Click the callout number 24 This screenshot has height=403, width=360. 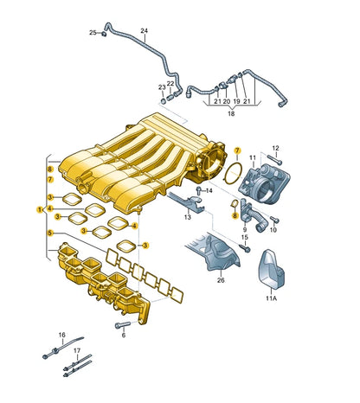tap(144, 30)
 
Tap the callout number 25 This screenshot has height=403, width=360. tap(93, 33)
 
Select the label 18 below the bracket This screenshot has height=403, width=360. tap(231, 113)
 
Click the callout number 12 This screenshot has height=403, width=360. tap(276, 148)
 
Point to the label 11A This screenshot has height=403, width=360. tap(271, 298)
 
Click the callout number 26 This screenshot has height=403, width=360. tap(221, 280)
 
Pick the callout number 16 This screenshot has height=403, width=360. tap(62, 335)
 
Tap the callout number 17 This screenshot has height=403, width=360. tap(77, 351)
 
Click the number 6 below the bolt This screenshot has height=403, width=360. tap(124, 336)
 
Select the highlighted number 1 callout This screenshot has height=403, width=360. tap(39, 209)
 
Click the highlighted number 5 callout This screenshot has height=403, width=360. tap(50, 233)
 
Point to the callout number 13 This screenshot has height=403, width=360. tap(188, 217)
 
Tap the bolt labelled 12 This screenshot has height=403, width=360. tap(274, 159)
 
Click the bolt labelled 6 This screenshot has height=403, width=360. tap(123, 325)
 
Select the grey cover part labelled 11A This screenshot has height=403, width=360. tap(271, 269)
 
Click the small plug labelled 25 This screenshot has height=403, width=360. tap(104, 34)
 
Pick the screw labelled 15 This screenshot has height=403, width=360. tap(245, 248)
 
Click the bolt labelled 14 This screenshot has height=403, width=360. tap(199, 190)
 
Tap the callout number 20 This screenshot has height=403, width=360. tap(227, 101)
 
